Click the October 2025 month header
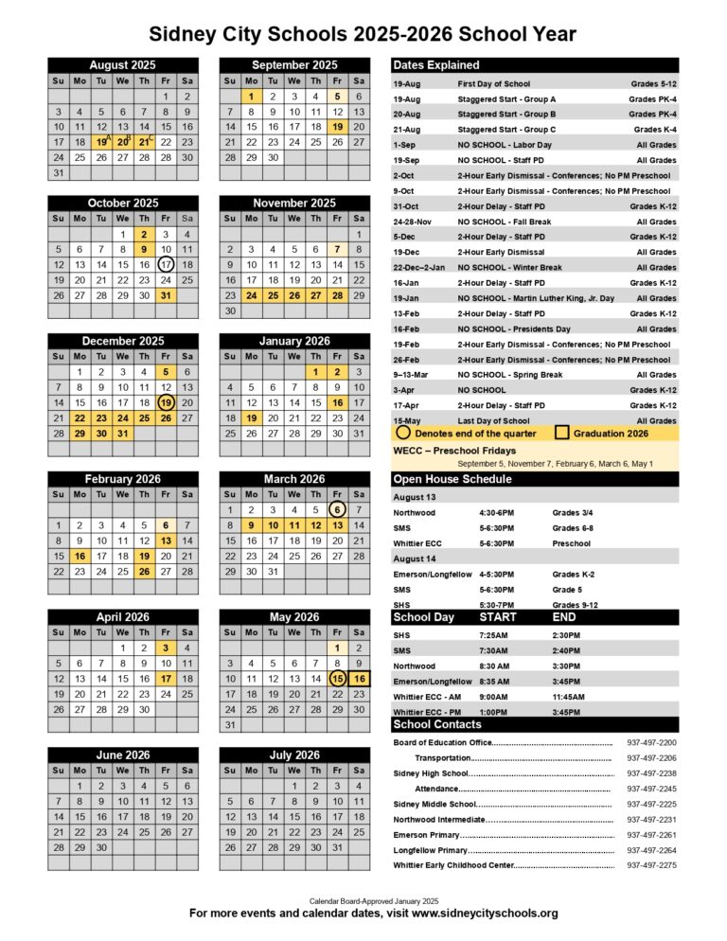[123, 203]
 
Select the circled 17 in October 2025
[166, 264]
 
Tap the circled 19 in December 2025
[166, 402]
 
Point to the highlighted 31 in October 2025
[166, 294]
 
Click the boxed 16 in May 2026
[359, 678]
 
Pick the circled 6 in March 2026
[337, 509]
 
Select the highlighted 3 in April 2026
[166, 648]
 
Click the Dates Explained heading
[436, 64]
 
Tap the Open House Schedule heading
[452, 479]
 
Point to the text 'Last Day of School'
[493, 420]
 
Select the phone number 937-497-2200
[651, 742]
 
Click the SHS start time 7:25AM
[494, 635]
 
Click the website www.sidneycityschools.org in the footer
[485, 914]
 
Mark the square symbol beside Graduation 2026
[561, 433]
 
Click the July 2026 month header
[294, 755]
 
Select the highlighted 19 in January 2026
[251, 417]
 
